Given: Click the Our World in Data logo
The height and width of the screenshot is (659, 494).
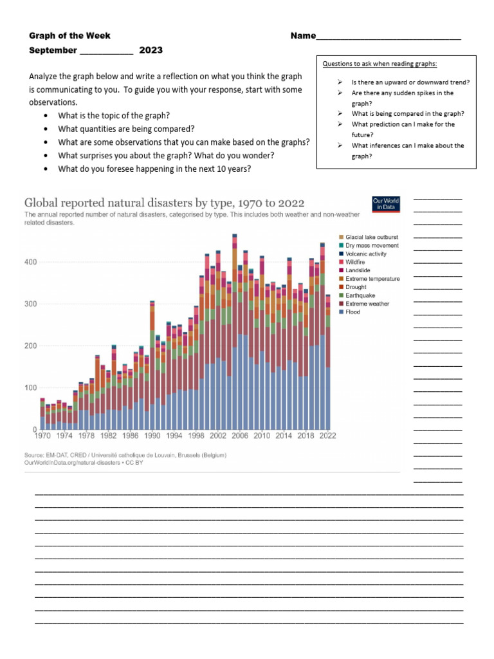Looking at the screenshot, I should tap(386, 205).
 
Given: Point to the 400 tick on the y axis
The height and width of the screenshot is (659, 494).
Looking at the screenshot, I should tap(31, 262).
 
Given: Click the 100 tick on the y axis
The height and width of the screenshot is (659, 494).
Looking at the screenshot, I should tap(31, 387).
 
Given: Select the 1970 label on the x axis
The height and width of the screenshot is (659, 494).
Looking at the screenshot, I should tap(42, 436).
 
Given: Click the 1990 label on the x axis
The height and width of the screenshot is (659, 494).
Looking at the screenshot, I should tap(152, 436).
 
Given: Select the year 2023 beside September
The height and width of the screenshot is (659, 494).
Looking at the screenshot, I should tap(151, 50).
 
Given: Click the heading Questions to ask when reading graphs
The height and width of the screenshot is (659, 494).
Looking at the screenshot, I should tap(380, 64).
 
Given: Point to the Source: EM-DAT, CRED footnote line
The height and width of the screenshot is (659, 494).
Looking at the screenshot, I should tap(125, 455).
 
